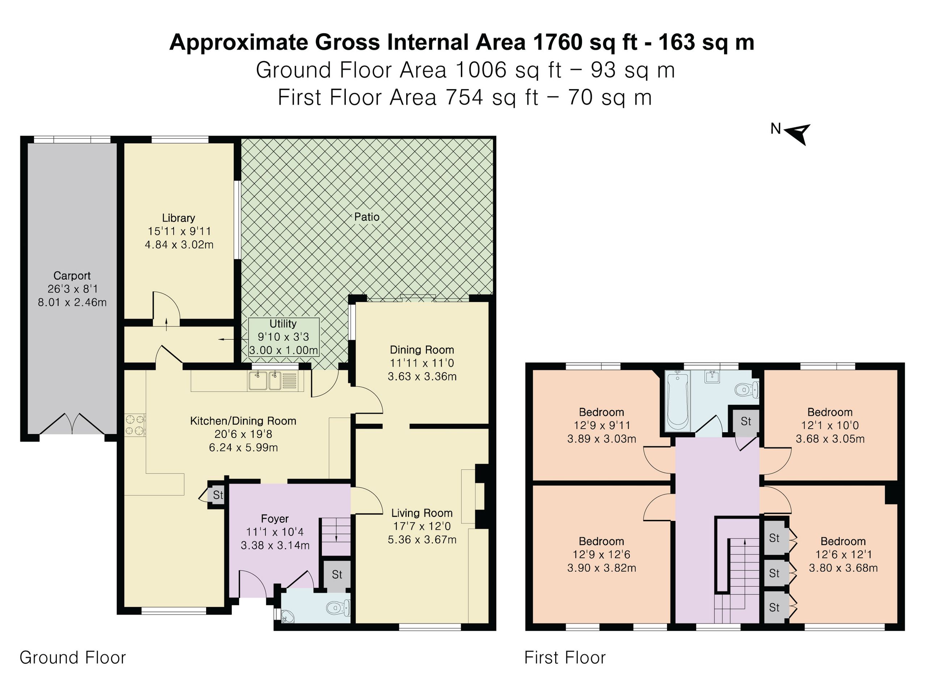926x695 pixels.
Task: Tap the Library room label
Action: pyautogui.click(x=178, y=218)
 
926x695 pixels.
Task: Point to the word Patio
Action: pyautogui.click(x=367, y=216)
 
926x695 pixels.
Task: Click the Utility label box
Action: pyautogui.click(x=284, y=337)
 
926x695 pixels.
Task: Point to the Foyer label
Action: pyautogui.click(x=275, y=519)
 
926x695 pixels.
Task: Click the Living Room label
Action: pyautogui.click(x=421, y=513)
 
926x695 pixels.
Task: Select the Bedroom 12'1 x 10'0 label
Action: pyautogui.click(x=830, y=425)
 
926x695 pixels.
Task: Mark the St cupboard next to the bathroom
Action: pyautogui.click(x=746, y=421)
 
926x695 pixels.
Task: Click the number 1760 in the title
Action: pyautogui.click(x=557, y=42)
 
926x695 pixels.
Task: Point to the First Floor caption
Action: pyautogui.click(x=565, y=657)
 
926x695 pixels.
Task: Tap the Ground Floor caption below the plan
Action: pyautogui.click(x=73, y=657)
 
